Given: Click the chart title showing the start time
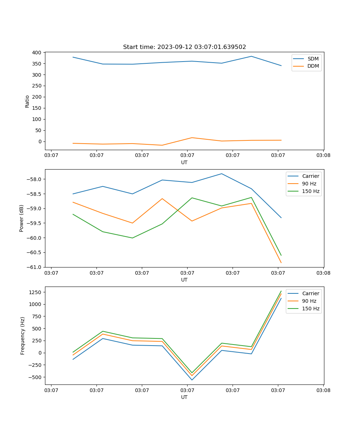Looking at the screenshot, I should (x=184, y=47).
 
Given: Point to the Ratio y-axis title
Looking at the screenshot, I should (x=27, y=101).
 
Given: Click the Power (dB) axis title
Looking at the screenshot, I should (x=22, y=218).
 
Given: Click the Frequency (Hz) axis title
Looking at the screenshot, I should (x=23, y=336).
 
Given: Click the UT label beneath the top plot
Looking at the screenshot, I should (x=184, y=162).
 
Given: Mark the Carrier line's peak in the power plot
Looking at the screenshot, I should (x=222, y=174).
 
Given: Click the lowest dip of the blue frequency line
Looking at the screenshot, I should (x=192, y=380).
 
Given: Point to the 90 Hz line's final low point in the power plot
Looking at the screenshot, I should (x=281, y=263).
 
